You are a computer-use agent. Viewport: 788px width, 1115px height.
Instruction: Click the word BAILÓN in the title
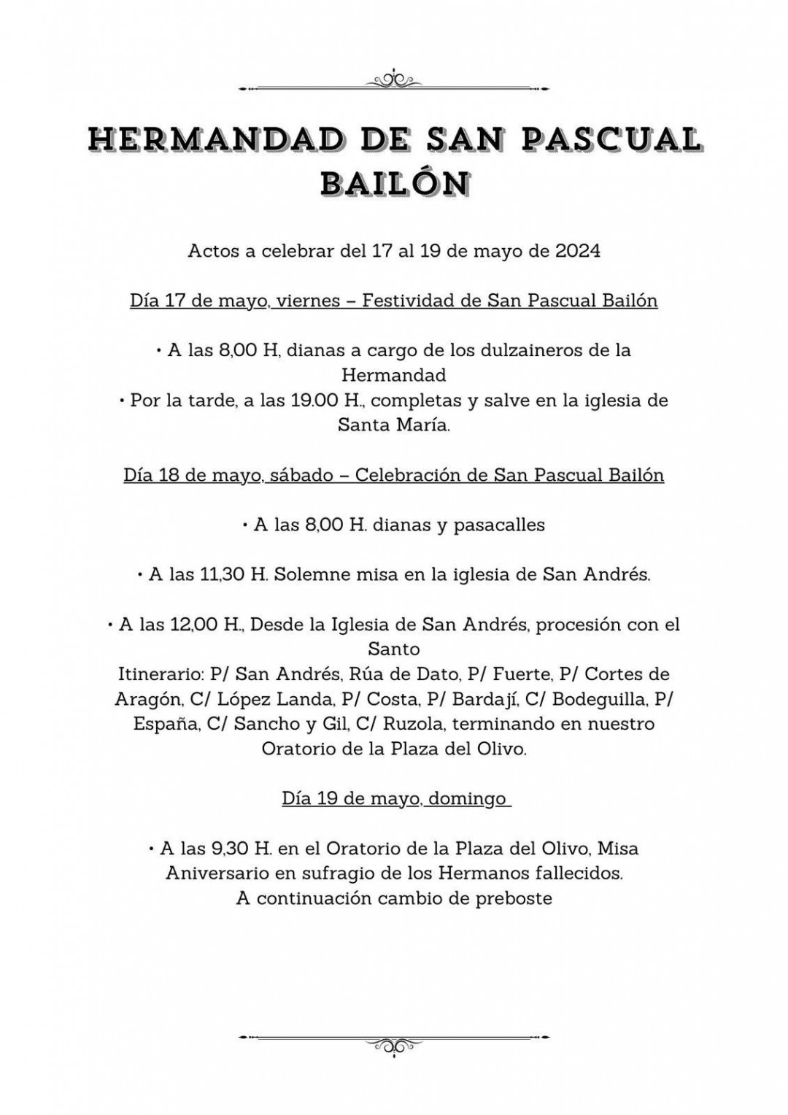[394, 183]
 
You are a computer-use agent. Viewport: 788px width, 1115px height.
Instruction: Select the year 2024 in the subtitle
[578, 251]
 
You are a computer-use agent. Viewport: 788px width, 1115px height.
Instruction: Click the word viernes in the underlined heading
[311, 301]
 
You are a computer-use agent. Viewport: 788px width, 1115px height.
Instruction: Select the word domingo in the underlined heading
[467, 798]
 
